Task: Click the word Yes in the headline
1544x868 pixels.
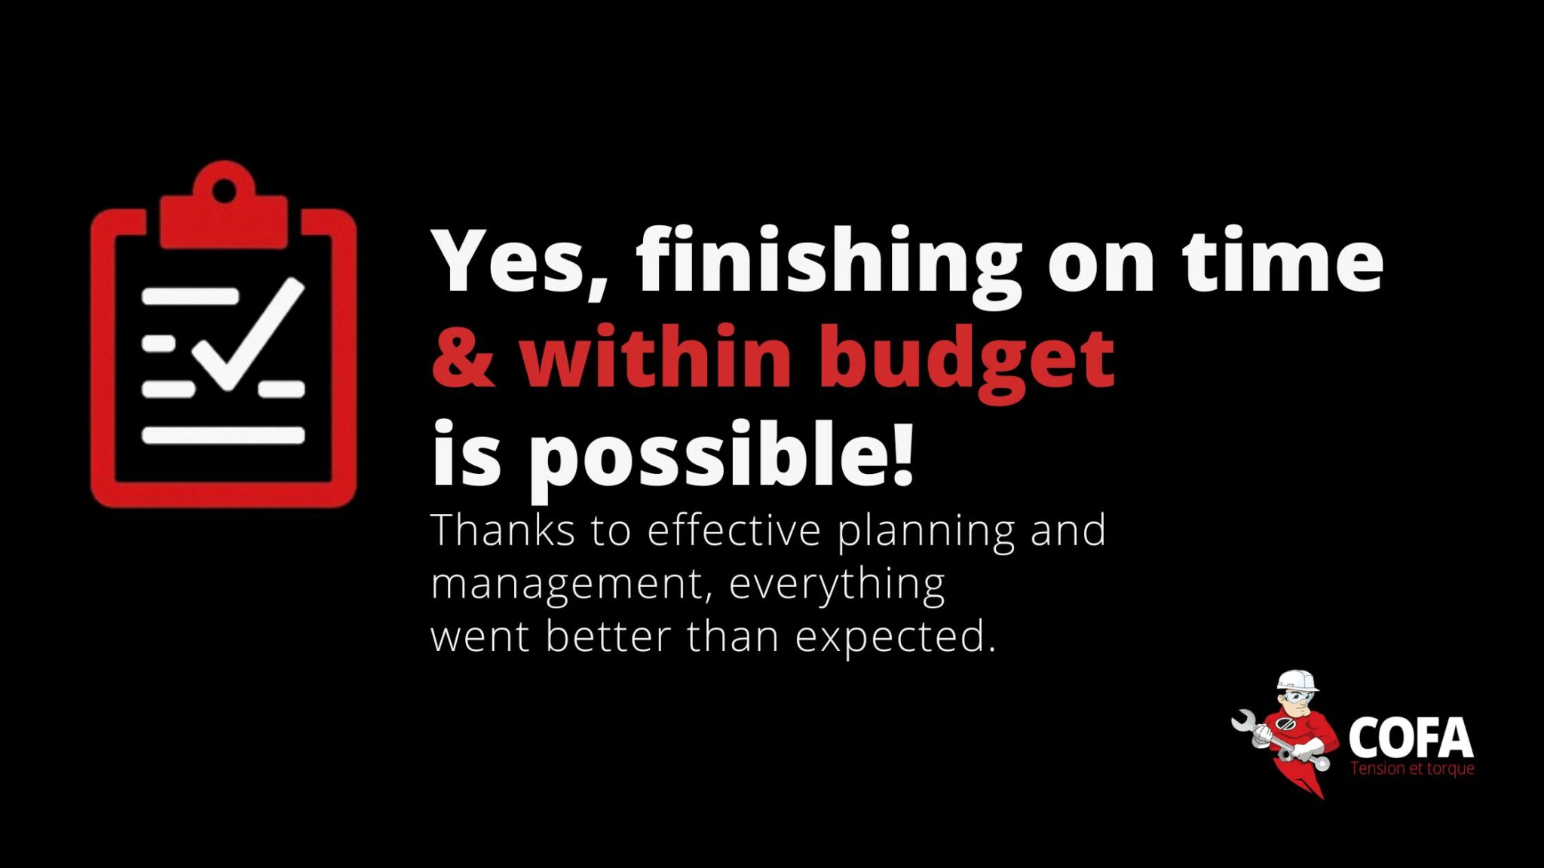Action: click(519, 261)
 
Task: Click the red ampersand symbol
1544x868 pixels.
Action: click(464, 356)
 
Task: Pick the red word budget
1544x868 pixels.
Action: click(967, 360)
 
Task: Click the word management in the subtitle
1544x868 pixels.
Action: click(571, 585)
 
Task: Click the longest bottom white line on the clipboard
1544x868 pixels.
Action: click(223, 435)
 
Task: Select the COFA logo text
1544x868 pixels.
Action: click(1411, 738)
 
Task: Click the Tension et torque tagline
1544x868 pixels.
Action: click(1412, 769)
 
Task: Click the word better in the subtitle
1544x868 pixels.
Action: click(608, 637)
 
